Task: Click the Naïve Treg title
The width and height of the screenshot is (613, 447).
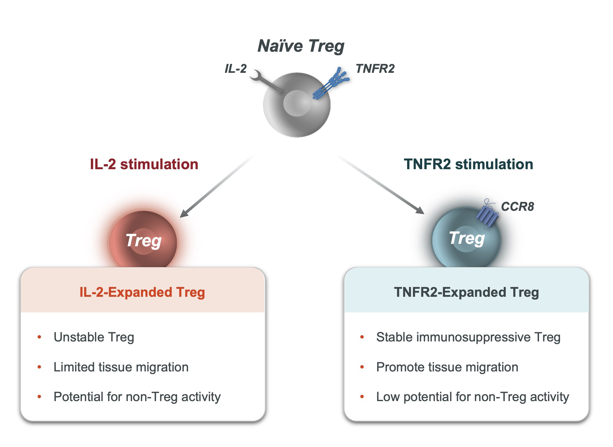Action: tap(301, 46)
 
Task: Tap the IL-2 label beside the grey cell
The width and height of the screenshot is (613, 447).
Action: tap(236, 69)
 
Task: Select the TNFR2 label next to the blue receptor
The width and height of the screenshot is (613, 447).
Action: tap(375, 69)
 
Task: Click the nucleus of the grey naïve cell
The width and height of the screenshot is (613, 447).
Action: tap(297, 103)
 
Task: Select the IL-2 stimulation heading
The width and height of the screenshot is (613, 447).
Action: tap(144, 164)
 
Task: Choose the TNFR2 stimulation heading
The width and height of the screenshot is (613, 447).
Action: tap(468, 164)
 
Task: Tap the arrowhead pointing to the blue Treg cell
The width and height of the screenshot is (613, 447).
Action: tap(420, 210)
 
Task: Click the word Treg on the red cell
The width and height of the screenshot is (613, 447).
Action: tap(143, 240)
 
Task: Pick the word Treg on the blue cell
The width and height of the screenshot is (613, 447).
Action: tap(467, 238)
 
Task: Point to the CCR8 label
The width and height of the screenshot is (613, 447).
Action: tap(517, 207)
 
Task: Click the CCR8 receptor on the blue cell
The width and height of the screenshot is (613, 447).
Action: tap(487, 215)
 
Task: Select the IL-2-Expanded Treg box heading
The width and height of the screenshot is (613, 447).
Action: tap(142, 292)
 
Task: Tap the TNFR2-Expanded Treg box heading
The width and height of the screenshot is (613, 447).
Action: tap(466, 292)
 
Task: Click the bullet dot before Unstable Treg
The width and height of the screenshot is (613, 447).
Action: tap(39, 337)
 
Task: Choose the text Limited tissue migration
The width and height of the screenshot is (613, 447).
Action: tap(121, 367)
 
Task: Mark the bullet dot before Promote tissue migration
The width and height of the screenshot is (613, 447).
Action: tap(362, 367)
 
